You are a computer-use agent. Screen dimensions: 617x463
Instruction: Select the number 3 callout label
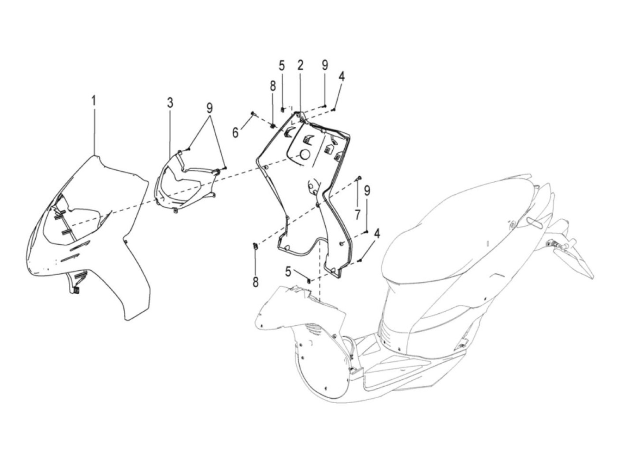coord(170,103)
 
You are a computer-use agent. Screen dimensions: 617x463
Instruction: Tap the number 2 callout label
coord(300,65)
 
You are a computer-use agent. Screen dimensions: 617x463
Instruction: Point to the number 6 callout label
coord(235,132)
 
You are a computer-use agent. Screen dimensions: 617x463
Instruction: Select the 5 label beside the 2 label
coord(282,66)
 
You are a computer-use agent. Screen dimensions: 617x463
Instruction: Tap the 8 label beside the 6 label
coord(273,87)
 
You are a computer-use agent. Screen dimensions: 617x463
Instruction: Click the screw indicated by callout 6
coord(253,114)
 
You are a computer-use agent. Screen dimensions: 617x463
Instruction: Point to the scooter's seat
coord(461,227)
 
